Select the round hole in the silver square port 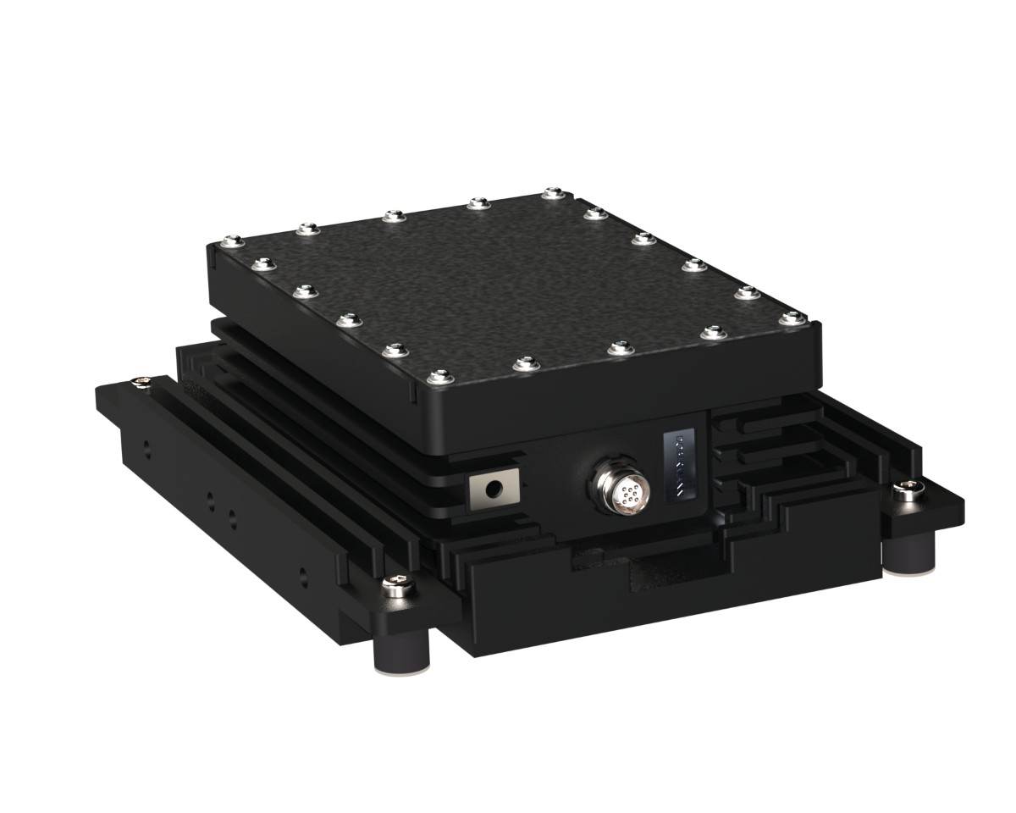click(493, 489)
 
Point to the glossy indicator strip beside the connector click(680, 466)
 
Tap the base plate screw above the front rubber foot click(395, 583)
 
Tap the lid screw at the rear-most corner click(553, 193)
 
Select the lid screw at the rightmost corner click(792, 318)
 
